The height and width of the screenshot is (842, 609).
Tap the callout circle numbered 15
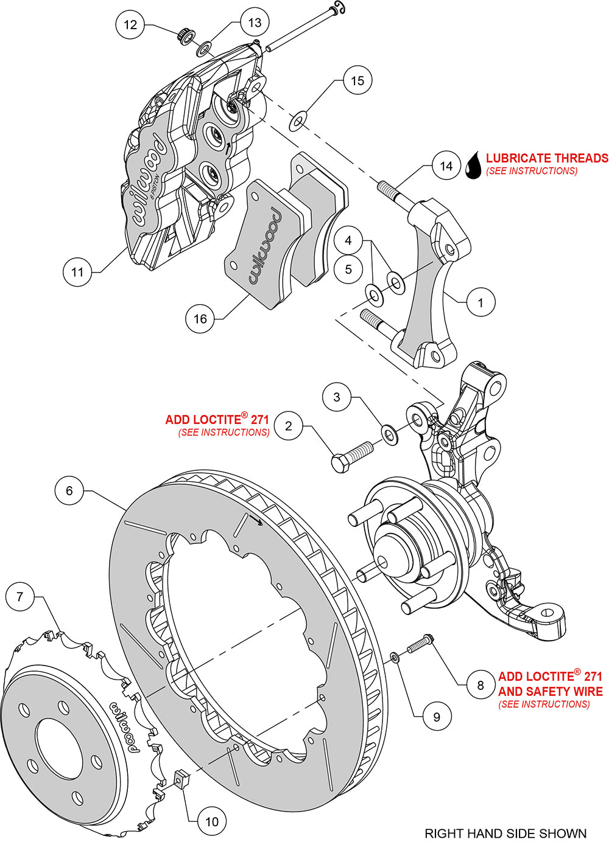(x=357, y=80)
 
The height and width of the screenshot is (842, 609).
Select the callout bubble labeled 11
(x=77, y=272)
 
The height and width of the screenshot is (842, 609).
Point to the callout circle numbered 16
(x=200, y=319)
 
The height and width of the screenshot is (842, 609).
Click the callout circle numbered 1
(x=481, y=302)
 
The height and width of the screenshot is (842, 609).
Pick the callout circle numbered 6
(x=69, y=490)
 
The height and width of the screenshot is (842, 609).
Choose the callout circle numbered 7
(x=20, y=597)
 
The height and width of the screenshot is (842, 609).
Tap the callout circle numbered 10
(x=211, y=821)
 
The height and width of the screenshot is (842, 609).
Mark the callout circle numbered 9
(x=437, y=717)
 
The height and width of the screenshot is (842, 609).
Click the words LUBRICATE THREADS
(x=547, y=158)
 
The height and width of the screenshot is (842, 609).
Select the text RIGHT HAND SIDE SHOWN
(x=505, y=833)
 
